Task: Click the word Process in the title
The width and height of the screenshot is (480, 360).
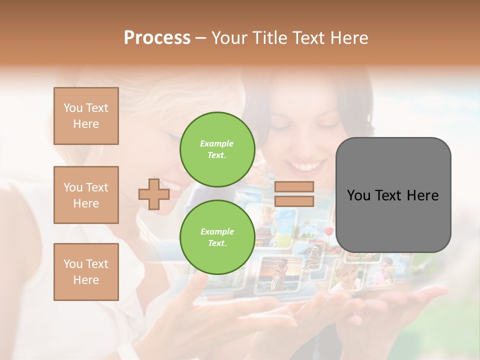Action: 157,38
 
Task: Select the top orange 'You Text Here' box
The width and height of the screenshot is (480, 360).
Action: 86,116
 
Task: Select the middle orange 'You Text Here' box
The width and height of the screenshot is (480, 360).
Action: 86,195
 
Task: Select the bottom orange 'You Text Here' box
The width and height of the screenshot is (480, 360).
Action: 86,272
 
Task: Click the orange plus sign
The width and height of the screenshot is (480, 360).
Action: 154,194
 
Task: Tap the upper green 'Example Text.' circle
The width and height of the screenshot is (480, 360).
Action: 217,149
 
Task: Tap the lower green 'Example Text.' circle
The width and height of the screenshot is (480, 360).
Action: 217,237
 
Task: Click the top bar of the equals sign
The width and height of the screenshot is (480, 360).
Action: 294,187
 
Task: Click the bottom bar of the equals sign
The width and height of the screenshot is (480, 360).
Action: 294,201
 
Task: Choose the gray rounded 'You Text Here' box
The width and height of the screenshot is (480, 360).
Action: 393,195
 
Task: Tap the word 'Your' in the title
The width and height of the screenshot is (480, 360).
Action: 229,38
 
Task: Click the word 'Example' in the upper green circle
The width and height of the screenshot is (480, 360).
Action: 217,143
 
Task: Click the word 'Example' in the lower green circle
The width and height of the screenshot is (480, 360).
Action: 217,231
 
